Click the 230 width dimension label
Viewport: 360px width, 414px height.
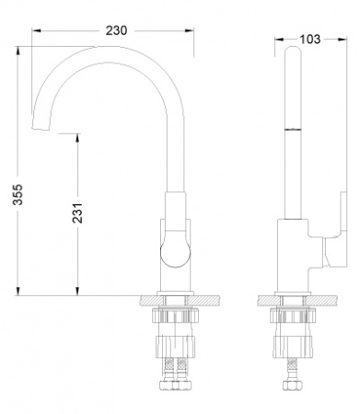115,29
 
